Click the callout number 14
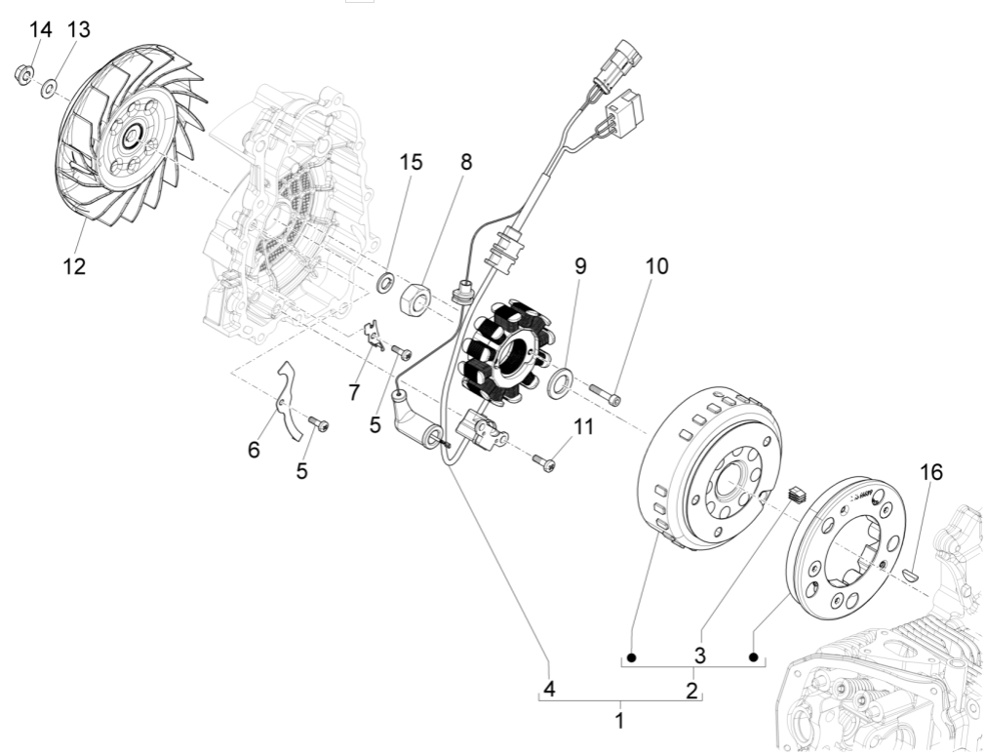tap(40, 30)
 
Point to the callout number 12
tap(74, 265)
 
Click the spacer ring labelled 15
tap(387, 284)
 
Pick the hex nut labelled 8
tap(415, 296)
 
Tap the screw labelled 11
tap(546, 465)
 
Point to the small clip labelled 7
tap(372, 334)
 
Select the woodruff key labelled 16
tap(911, 575)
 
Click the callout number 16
tap(931, 473)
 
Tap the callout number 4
tap(550, 689)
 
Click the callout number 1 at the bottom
tap(619, 722)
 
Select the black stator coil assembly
tap(505, 356)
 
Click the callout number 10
tap(656, 266)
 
